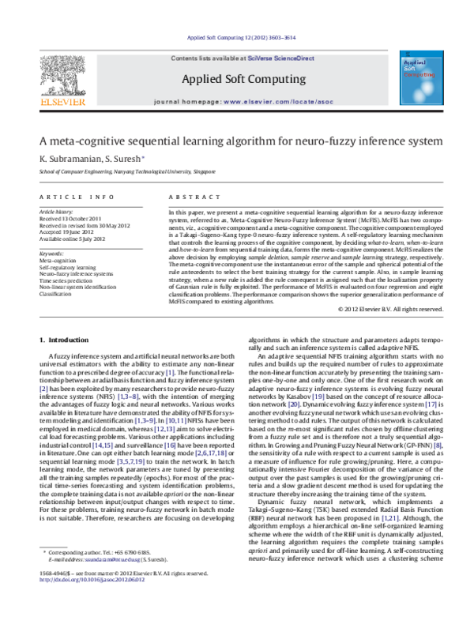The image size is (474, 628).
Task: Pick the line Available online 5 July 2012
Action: (75, 238)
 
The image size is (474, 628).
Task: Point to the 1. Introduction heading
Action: (65, 340)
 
